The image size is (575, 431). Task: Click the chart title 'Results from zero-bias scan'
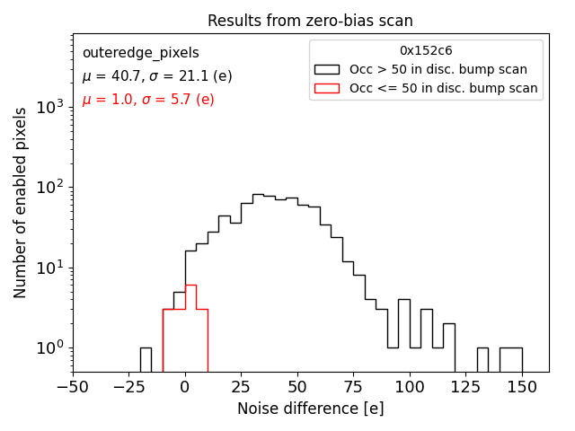coord(310,21)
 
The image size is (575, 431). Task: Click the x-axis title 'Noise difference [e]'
coord(310,409)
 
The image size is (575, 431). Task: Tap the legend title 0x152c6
coord(426,51)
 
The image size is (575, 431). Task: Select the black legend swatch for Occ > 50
coord(326,69)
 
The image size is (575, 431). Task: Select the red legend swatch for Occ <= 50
coord(326,88)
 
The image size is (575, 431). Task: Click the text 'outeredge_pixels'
coord(140,53)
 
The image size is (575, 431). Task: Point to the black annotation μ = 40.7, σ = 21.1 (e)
coord(156,76)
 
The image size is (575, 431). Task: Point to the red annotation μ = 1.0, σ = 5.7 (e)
coord(147,100)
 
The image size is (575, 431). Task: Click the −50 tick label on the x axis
coord(73,388)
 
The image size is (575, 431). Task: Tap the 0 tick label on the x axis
coord(185,388)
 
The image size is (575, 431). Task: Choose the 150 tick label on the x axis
coord(522,388)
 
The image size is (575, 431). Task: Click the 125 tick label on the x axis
coord(465,388)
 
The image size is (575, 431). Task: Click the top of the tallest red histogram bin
coord(190,286)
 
